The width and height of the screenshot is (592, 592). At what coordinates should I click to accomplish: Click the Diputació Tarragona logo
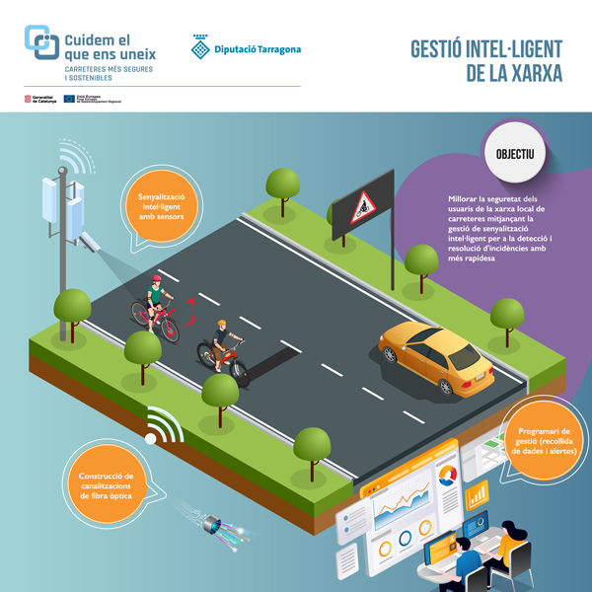247,47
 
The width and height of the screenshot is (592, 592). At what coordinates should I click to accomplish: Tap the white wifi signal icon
162,426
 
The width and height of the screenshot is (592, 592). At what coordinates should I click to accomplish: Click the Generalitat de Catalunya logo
39,99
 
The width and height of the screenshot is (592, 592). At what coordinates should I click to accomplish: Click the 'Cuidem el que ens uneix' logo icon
40,42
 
